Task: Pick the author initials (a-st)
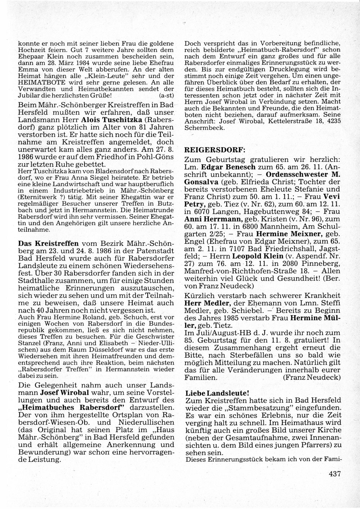click(x=166, y=95)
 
